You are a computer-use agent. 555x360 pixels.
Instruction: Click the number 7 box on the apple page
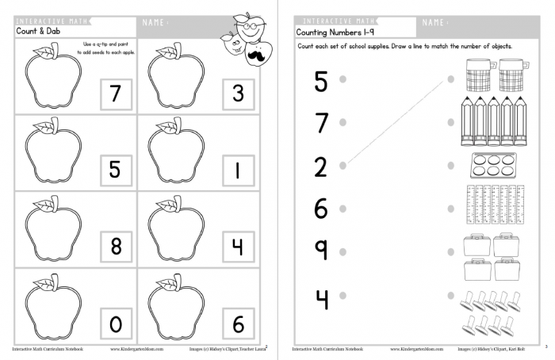[116, 95]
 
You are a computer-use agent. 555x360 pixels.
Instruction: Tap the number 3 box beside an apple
[238, 95]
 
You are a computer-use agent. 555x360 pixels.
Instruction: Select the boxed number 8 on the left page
[116, 247]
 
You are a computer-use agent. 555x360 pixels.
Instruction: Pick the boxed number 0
[116, 324]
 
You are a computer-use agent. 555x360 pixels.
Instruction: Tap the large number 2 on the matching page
[320, 167]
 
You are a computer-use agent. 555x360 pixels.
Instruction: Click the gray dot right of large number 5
[343, 79]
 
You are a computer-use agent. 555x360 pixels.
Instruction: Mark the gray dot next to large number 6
[343, 209]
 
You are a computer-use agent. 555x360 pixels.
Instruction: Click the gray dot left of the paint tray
[451, 166]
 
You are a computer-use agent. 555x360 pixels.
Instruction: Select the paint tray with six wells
[492, 166]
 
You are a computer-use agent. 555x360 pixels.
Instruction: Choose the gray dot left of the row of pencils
[451, 122]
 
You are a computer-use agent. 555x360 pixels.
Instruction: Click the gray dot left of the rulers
[451, 209]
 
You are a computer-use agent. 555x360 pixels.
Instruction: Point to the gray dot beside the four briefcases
[451, 252]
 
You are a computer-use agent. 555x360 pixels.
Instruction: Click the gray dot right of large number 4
[343, 295]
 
